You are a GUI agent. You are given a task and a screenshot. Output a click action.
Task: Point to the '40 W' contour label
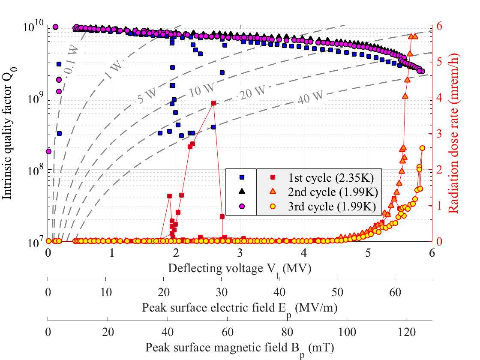[x=308, y=101]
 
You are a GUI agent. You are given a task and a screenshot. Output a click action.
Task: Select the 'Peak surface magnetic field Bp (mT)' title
[x=240, y=348]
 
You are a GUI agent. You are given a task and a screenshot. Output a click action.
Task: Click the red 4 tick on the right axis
[x=441, y=97]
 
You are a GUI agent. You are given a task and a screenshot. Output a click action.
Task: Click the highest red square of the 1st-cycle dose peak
[x=213, y=103]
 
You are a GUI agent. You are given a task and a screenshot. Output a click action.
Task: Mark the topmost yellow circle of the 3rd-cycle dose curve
[x=422, y=148]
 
